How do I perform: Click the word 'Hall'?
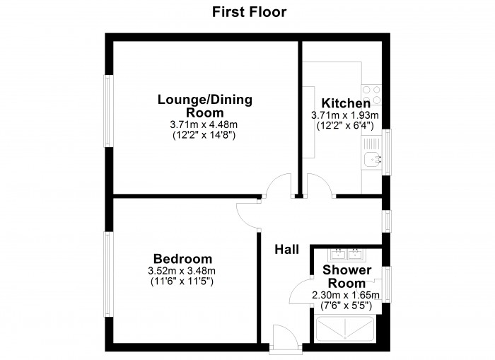pos(286,249)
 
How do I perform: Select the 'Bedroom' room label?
pos(182,259)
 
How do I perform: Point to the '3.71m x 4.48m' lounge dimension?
pos(204,124)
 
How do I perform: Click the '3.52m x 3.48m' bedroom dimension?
pos(182,271)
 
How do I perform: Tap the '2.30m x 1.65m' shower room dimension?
pos(346,296)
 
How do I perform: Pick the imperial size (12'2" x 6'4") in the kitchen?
pos(346,125)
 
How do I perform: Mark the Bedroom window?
pos(108,274)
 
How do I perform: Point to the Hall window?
pos(386,221)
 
